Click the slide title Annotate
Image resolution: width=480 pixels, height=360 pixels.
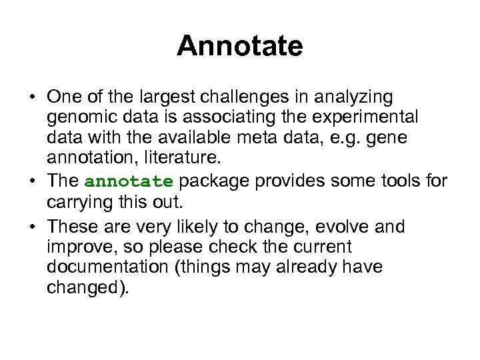click(240, 46)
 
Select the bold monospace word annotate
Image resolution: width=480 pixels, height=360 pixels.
click(129, 181)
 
